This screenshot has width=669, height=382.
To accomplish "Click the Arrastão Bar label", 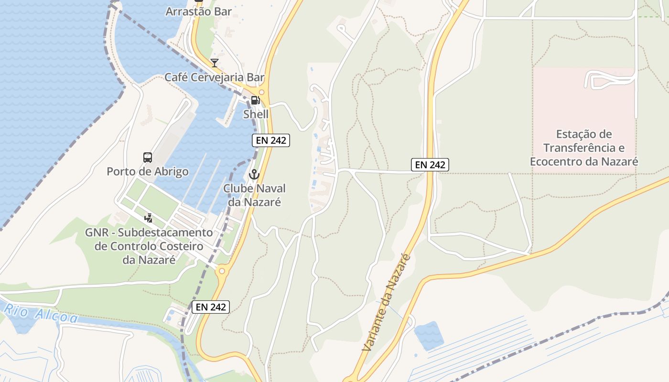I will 198,11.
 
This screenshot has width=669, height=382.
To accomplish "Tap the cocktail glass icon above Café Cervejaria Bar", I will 215,63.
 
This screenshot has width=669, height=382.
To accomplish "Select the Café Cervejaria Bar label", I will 215,77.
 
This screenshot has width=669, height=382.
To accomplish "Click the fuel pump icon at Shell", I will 256,100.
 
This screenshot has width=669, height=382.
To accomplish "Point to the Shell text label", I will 256,114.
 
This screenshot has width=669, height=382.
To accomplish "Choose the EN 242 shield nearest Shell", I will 271,140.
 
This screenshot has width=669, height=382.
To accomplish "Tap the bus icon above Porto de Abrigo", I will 148,157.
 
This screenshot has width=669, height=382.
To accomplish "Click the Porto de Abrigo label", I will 148,171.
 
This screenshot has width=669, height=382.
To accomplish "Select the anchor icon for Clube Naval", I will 254,174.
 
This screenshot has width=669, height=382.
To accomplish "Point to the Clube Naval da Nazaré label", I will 254,195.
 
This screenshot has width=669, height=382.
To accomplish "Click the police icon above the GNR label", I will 149,218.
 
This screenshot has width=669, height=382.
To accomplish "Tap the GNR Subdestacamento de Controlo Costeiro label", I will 149,246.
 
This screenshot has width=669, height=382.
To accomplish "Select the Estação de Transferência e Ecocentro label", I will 584,148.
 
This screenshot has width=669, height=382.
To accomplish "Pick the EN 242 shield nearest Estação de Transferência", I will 430,165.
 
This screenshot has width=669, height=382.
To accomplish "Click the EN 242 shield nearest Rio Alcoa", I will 211,307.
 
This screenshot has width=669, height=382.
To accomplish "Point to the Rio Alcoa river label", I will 41,312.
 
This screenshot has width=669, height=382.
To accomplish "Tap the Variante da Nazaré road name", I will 387,303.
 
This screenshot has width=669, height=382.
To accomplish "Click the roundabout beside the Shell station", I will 261,92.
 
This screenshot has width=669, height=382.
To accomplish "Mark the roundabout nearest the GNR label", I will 221,272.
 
